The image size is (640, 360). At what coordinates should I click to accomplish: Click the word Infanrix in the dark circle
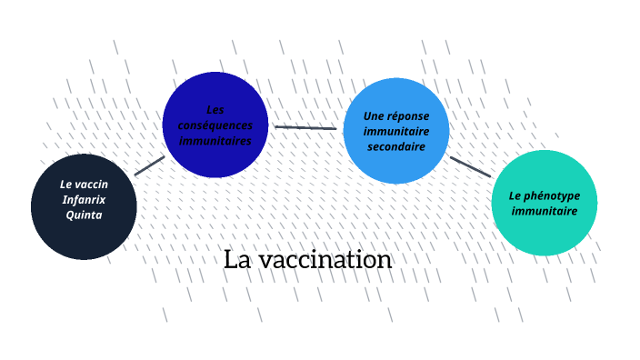[84, 199]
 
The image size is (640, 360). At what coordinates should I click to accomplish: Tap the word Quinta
[84, 215]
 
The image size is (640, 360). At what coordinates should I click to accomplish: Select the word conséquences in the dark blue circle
[215, 125]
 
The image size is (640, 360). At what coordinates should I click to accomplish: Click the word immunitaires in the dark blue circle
[215, 141]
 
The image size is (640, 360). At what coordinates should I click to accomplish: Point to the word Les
[215, 109]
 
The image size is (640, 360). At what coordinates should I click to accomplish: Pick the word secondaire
[396, 146]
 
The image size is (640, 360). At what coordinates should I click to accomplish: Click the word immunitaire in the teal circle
[544, 211]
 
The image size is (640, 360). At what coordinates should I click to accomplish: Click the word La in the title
[237, 260]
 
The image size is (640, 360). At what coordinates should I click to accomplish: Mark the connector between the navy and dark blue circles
[149, 165]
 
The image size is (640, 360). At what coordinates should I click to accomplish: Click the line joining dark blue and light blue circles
[305, 127]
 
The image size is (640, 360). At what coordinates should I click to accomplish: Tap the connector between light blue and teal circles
[470, 166]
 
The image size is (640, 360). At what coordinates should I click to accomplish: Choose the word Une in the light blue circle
[373, 115]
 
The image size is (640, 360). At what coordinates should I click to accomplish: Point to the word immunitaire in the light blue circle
[396, 131]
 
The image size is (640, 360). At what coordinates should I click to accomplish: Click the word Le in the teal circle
[515, 195]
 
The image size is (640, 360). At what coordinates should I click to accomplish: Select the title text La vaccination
[307, 260]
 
